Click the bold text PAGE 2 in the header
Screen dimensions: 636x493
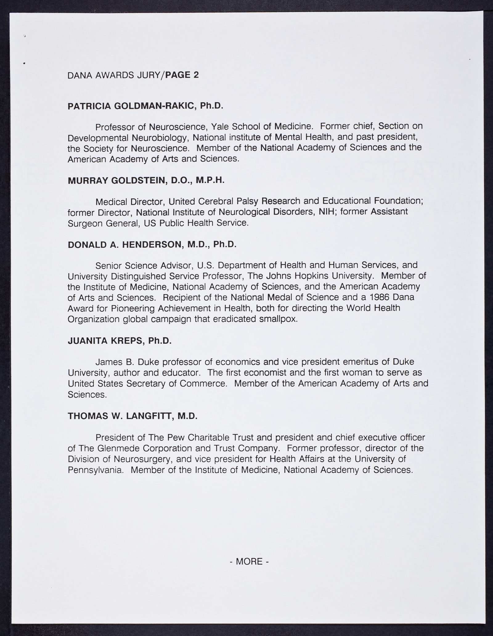click(x=182, y=75)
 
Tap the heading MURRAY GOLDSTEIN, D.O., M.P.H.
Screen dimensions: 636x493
click(x=146, y=180)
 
